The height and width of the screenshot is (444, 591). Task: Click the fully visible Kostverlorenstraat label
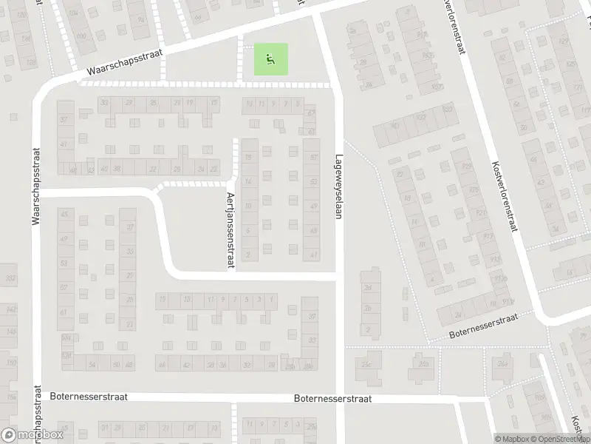tap(502, 187)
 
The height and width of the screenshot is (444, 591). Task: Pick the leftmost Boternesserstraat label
tap(89, 397)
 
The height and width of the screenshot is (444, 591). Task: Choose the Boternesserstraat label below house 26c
tap(332, 398)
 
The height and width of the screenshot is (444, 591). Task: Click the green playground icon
tap(271, 58)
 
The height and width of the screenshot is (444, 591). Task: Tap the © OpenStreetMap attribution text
tap(563, 439)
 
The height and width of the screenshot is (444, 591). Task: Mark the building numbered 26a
tap(504, 363)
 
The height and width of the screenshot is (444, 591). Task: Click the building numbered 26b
tap(423, 363)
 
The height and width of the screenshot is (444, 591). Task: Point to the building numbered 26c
tap(365, 363)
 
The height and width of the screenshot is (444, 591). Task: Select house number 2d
tap(367, 288)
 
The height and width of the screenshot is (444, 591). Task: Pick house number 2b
tap(367, 309)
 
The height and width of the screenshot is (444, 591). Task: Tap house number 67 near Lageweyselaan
tap(311, 112)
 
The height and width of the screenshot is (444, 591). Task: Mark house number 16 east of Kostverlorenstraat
tap(569, 272)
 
